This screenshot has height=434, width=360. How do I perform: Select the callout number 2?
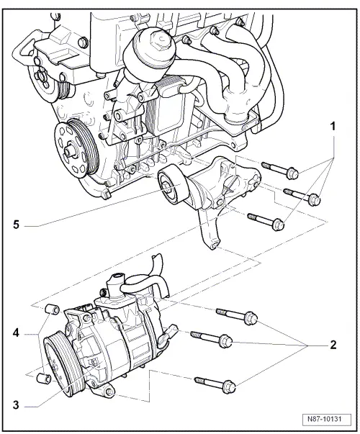(x=332, y=345)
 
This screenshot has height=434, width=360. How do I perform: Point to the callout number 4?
(x=16, y=333)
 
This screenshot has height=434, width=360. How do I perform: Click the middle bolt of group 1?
(x=298, y=194)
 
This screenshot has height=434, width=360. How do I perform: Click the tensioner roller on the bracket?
(x=174, y=189)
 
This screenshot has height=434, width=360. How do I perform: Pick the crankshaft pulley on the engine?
(x=74, y=150)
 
